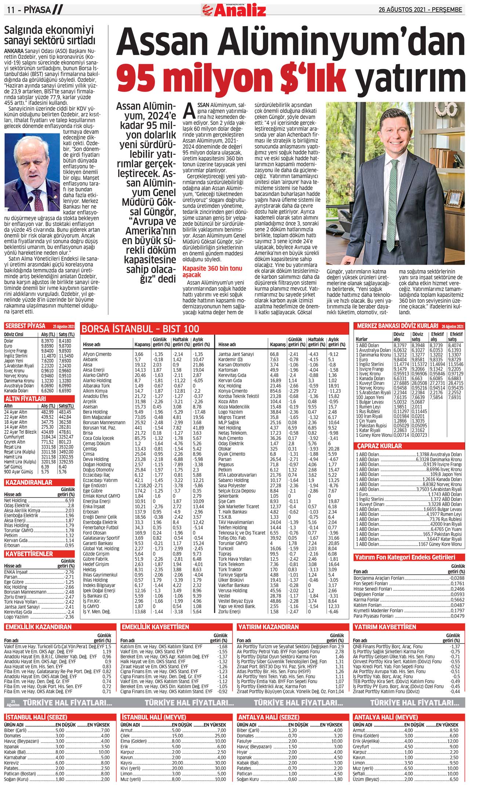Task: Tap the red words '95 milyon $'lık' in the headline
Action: tap(232, 78)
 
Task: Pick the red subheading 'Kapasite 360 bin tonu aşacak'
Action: tap(212, 271)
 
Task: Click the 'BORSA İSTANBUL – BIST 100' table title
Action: tap(140, 329)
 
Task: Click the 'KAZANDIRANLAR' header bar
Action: tap(29, 483)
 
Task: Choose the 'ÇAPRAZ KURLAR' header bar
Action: tap(380, 446)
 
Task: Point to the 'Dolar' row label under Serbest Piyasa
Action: tap(9, 341)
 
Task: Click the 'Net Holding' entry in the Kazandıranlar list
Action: tap(15, 500)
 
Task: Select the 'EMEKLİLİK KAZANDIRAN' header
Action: tap(38, 627)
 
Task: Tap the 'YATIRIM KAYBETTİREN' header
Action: tap(385, 627)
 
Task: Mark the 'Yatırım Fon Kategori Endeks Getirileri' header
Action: tap(405, 557)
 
